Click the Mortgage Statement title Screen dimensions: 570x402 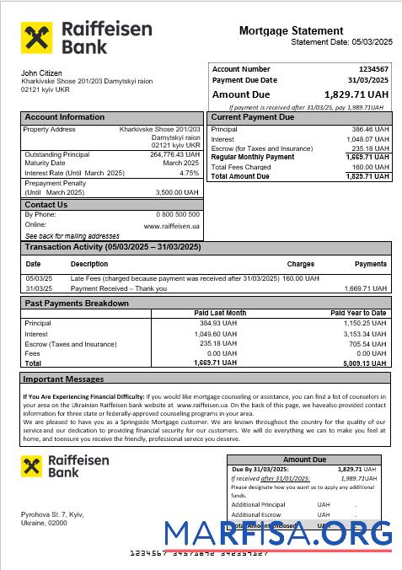coord(291,30)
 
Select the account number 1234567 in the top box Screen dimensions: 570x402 coord(373,69)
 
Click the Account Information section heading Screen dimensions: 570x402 coord(64,117)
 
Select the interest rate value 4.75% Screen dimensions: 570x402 coord(190,173)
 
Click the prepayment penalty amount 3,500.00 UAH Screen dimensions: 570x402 coord(178,192)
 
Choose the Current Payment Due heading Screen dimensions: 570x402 coord(252,117)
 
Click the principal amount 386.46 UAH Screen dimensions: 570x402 coord(370,130)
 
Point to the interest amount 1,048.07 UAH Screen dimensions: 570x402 coord(368,139)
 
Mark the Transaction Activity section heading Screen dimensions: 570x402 coord(112,247)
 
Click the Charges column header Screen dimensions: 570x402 coord(300,264)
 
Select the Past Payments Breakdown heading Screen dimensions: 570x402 coord(77,303)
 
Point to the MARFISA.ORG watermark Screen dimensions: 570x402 coord(278,534)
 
